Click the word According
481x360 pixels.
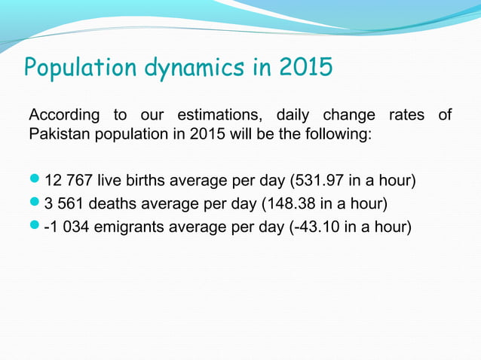coord(63,115)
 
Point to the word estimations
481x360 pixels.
coord(219,116)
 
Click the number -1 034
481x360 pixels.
coord(68,224)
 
